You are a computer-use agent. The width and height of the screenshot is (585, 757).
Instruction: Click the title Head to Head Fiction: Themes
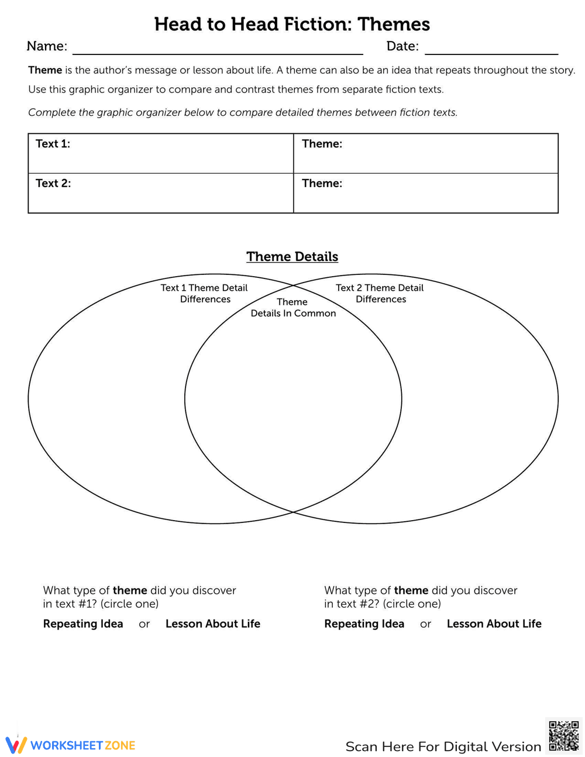(x=292, y=24)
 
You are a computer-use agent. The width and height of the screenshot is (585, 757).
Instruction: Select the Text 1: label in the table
(x=53, y=144)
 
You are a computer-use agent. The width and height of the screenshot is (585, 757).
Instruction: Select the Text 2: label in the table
(x=53, y=183)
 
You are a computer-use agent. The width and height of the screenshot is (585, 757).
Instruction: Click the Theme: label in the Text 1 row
(x=322, y=144)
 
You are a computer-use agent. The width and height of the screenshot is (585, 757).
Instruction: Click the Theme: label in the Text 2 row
(x=322, y=183)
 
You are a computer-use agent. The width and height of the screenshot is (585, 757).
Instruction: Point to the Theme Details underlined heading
(x=292, y=257)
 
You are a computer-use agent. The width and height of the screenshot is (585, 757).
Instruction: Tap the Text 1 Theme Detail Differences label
(x=205, y=293)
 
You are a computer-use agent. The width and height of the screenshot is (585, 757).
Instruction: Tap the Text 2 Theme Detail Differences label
(x=380, y=293)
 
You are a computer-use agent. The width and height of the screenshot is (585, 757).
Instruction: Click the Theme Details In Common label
(x=293, y=308)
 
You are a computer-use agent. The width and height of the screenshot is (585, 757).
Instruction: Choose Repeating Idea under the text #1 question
(x=83, y=624)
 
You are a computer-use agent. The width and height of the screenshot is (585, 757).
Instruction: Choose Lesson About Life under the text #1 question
(x=213, y=624)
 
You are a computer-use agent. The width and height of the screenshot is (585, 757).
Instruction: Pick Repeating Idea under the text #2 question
(x=364, y=624)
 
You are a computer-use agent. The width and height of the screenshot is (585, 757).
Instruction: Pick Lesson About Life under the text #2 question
(x=494, y=624)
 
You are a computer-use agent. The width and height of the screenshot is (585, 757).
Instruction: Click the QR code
(x=564, y=735)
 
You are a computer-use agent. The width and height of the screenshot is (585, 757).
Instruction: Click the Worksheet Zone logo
(x=70, y=745)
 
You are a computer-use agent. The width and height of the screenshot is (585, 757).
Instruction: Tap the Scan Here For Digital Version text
(x=443, y=746)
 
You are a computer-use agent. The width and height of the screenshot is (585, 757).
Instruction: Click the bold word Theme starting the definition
(x=45, y=70)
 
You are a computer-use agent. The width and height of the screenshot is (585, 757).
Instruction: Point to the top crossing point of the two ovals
(x=293, y=286)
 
